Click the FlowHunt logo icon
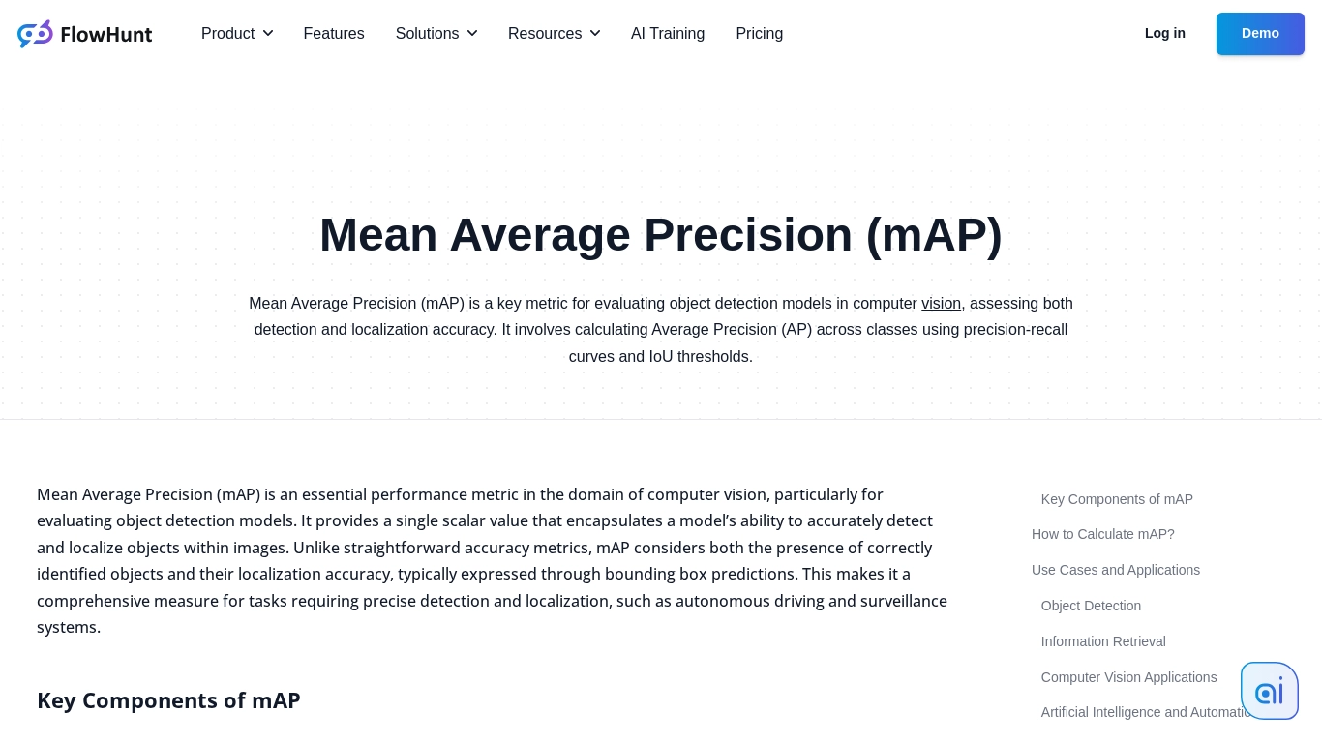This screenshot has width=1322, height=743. (x=35, y=34)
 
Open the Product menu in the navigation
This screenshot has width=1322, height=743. (x=237, y=34)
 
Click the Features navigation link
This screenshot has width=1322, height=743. (x=334, y=34)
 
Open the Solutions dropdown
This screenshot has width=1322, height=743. (x=436, y=34)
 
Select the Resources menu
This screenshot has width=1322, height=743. (x=554, y=34)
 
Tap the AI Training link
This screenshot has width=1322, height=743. (x=668, y=34)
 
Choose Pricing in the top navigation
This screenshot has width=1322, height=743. (x=760, y=34)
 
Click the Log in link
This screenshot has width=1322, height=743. (x=1165, y=33)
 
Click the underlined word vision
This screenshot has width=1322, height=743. (x=941, y=304)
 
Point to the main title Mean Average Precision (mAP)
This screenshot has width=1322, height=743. (x=661, y=235)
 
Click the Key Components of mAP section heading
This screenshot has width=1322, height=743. (x=168, y=700)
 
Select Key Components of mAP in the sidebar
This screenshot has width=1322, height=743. (x=1117, y=499)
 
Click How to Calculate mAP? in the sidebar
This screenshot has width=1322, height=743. (x=1103, y=534)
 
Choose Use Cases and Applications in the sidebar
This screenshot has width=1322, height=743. (x=1116, y=570)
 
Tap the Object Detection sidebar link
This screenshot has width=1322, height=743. (x=1091, y=606)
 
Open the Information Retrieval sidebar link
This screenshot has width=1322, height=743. (x=1103, y=641)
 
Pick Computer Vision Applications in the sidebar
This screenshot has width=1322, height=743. (x=1128, y=677)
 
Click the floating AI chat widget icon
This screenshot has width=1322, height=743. (x=1269, y=691)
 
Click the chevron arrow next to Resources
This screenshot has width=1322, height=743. (x=595, y=34)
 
